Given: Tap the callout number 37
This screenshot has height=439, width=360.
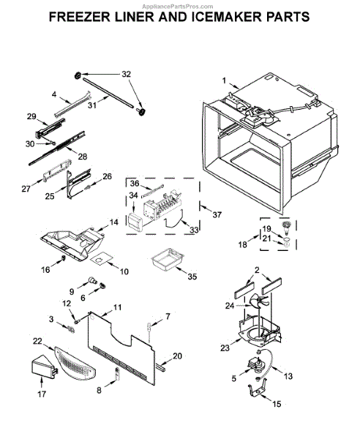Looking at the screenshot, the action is pyautogui.click(x=217, y=214).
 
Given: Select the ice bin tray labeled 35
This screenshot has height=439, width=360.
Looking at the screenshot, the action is pyautogui.click(x=168, y=259).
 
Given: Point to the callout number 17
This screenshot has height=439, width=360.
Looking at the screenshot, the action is pyautogui.click(x=42, y=394).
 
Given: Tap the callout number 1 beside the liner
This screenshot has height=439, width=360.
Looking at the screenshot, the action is pyautogui.click(x=224, y=80).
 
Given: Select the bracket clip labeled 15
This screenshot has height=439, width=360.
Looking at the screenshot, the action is pyautogui.click(x=257, y=390).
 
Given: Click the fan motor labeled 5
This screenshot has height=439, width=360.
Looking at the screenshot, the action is pyautogui.click(x=255, y=364).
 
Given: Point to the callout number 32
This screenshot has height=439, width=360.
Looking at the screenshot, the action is pyautogui.click(x=127, y=74).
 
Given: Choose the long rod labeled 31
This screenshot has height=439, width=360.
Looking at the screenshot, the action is pyautogui.click(x=108, y=94).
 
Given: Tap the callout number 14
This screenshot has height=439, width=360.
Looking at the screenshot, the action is pyautogui.click(x=113, y=222).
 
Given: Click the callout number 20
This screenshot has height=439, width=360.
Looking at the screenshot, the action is pyautogui.click(x=177, y=356).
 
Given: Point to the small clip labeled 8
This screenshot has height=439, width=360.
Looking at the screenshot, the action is pyautogui.click(x=117, y=374).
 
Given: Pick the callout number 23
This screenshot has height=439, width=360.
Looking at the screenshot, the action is pyautogui.click(x=225, y=348).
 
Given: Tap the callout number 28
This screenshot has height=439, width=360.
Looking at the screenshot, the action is pyautogui.click(x=82, y=157).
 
